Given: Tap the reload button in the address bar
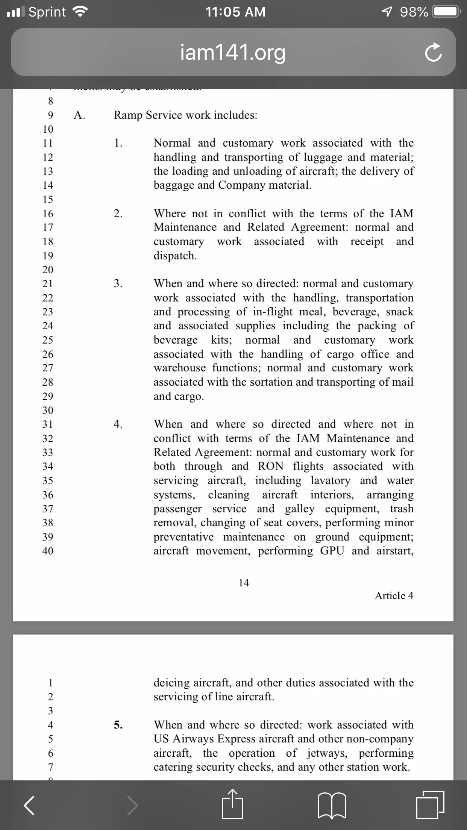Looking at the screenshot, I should coord(433,53).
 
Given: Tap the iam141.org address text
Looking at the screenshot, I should coord(233,53).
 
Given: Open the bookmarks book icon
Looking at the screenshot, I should coord(332,805).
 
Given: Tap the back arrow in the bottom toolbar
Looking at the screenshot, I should coord(29,805).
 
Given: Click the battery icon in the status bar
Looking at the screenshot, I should coord(446,12).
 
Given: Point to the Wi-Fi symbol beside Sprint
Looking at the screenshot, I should coord(79,12).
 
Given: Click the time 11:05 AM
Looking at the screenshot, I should coord(235,12).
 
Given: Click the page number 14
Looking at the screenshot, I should coord(244,583).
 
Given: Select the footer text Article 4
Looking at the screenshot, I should coord(394,595).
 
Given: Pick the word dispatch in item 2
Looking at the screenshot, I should coord(175,256).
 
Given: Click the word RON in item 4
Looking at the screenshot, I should coord(270,466).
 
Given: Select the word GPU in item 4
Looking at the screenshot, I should coord(332,551).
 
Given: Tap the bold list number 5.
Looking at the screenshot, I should coord(118,725).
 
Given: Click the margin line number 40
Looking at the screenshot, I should coord(48,551).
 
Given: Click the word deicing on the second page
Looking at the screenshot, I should coord(171,683).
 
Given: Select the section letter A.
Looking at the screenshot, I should coord(79,115).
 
